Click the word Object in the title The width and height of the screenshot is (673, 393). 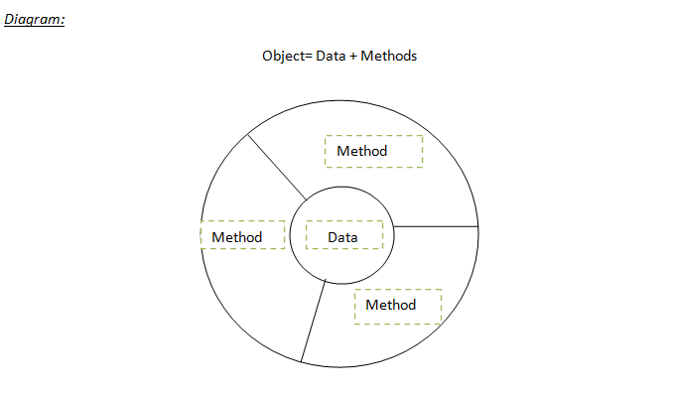click(x=285, y=56)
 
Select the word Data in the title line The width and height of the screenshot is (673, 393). click(x=331, y=56)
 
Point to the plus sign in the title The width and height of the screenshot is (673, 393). click(x=353, y=56)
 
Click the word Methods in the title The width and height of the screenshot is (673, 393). click(x=389, y=56)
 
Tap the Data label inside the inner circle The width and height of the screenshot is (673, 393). click(x=343, y=237)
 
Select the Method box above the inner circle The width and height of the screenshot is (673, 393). click(x=373, y=151)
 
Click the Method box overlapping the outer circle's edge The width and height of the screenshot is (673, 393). click(x=242, y=236)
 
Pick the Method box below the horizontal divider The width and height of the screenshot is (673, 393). click(x=397, y=305)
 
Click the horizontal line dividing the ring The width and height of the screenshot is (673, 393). click(x=437, y=226)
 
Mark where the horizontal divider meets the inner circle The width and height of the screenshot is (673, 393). click(x=395, y=226)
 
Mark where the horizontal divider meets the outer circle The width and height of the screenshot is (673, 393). click(x=479, y=226)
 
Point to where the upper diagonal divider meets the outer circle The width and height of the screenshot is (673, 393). click(x=246, y=132)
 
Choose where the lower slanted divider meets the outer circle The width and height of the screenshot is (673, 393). click(x=301, y=361)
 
